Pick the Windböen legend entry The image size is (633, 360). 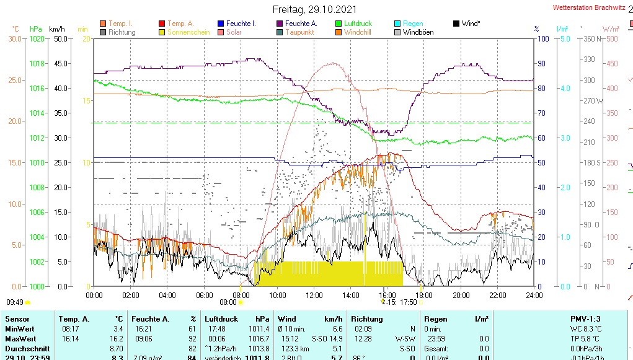[418, 32]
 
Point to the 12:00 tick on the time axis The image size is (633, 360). [314, 295]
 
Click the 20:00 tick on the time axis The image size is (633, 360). [461, 295]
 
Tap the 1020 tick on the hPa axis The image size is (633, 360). [37, 38]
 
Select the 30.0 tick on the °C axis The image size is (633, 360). [14, 38]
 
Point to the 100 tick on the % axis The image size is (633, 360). [542, 38]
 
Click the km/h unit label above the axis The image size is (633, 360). [56, 29]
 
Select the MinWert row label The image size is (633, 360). [19, 329]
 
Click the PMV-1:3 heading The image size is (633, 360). [585, 318]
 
